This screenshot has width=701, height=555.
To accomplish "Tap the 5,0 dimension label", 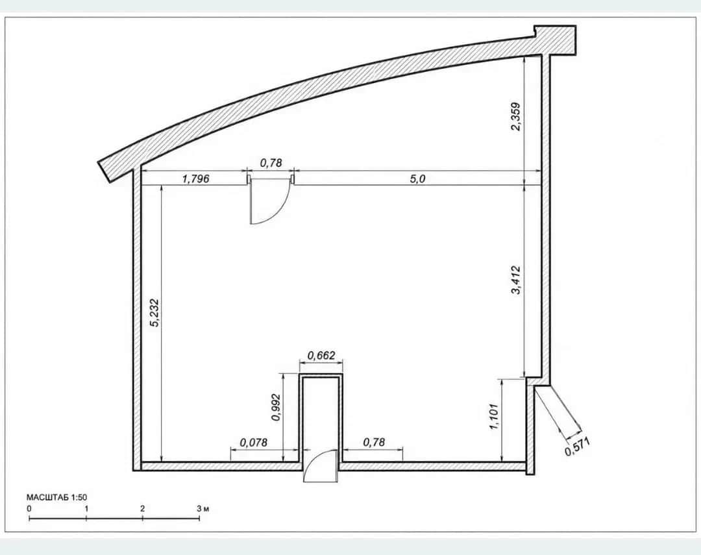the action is coord(417,179).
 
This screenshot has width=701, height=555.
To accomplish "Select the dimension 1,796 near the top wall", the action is coord(195,179).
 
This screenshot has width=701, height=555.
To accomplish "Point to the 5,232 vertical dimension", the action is coord(154,313).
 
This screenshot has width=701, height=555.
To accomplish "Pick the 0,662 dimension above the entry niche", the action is coord(321,356).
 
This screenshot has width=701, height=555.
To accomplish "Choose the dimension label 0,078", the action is coord(254,442).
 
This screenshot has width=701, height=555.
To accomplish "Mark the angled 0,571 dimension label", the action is coord(577,447).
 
